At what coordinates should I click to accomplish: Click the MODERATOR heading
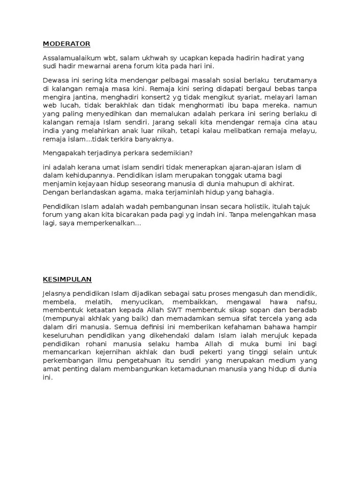[67, 44]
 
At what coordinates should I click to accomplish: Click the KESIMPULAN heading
[67, 279]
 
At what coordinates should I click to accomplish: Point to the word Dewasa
[55, 80]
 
